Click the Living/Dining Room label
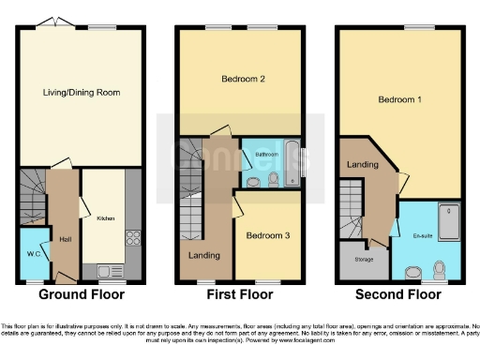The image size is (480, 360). pyautogui.click(x=81, y=92)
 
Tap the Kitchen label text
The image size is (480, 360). pyautogui.click(x=105, y=217)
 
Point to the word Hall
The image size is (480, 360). pyautogui.click(x=65, y=238)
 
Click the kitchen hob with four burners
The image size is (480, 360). pyautogui.click(x=131, y=238)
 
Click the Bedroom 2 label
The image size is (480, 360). pyautogui.click(x=241, y=80)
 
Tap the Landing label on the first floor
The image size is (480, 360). pyautogui.click(x=204, y=254)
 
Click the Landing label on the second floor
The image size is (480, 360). pyautogui.click(x=361, y=164)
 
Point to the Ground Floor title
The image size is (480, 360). pyautogui.click(x=79, y=294)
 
